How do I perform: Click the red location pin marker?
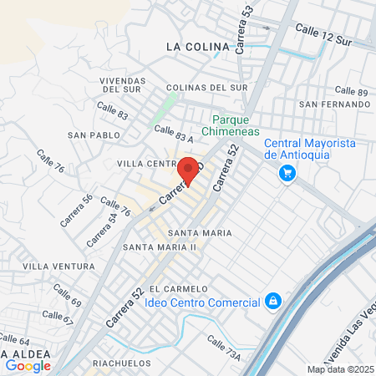(189, 170)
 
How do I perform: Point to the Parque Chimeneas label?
(236, 125)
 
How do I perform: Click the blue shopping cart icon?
(287, 173)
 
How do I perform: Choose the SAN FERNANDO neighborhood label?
(335, 104)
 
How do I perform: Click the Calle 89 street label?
(351, 90)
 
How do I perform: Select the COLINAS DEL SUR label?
(206, 87)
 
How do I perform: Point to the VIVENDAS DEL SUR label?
(124, 85)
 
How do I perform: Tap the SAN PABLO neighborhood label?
(94, 135)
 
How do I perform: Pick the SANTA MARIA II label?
(159, 247)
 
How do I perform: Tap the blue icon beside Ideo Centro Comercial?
(272, 301)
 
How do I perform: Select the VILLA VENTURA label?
(58, 266)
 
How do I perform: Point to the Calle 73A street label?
(223, 350)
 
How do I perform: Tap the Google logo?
(28, 366)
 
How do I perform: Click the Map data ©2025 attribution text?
(340, 369)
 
